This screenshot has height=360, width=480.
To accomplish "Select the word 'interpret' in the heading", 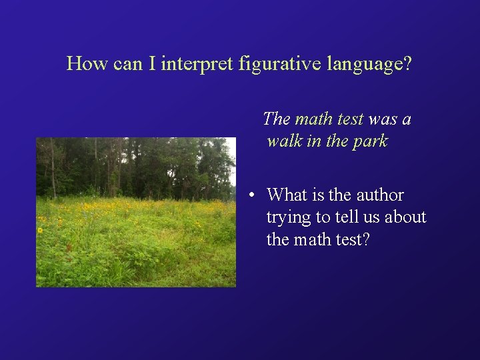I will [x=198, y=64].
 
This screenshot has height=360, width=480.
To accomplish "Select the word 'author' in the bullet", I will [x=380, y=195].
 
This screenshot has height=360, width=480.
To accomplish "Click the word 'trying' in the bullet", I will [x=287, y=217].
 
